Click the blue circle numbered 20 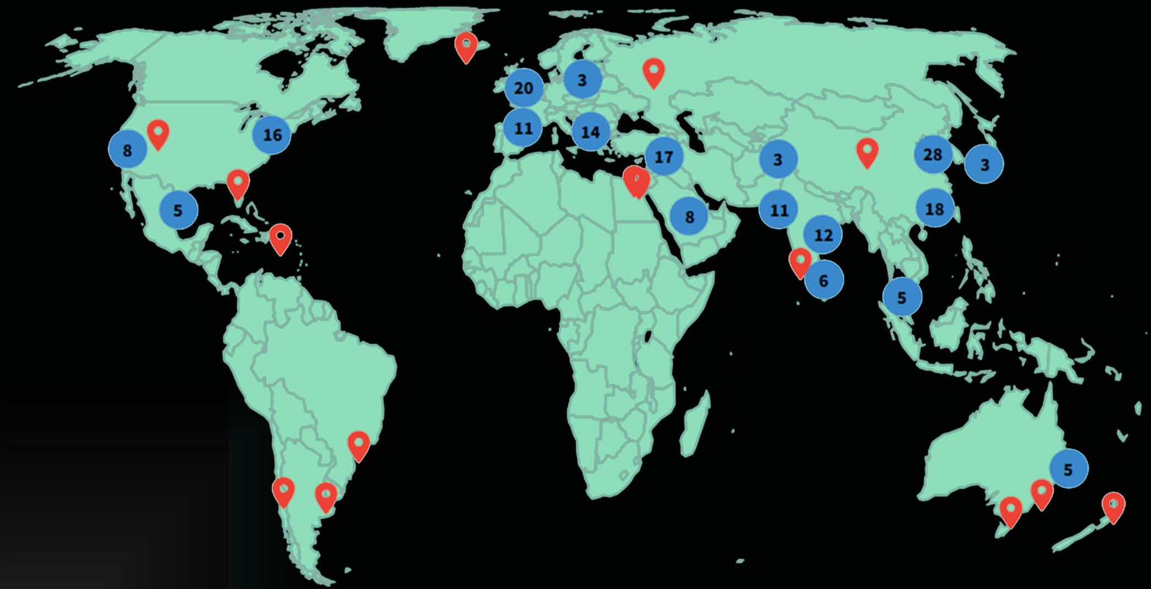pos(523,88)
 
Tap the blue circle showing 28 pos(933,155)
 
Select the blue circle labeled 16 pos(272,135)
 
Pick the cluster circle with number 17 pos(664,157)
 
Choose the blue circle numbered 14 pos(590,132)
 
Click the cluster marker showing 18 pos(934,209)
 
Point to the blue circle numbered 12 pos(823,235)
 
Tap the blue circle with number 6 pos(823,280)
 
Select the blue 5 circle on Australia pos(1068,469)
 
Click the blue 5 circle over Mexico pos(178,210)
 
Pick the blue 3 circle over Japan pos(984,164)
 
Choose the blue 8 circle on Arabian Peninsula pos(689,217)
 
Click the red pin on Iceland pos(466,46)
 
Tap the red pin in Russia pos(654,72)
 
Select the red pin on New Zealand pos(1114,506)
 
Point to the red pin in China pos(868,152)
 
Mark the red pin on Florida pos(238,183)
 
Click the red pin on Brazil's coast pos(359,445)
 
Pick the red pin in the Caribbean pos(281,238)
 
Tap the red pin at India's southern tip pos(799,262)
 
